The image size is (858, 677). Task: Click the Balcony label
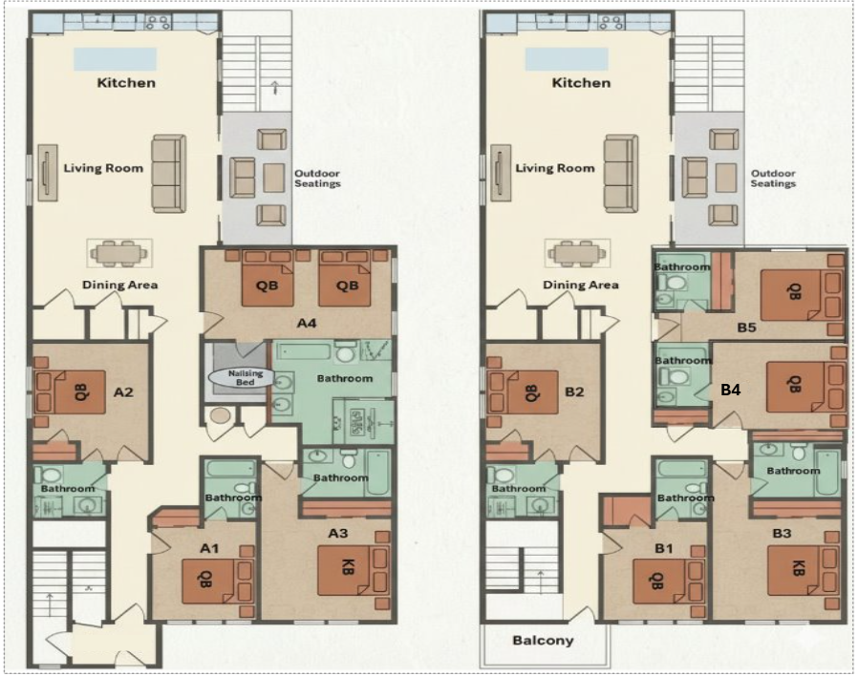click(543, 641)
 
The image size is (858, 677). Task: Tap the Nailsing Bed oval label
click(246, 377)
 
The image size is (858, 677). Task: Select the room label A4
click(307, 323)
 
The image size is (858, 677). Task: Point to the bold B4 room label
click(731, 390)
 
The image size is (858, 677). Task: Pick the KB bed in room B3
click(797, 570)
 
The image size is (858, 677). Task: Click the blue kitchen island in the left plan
click(116, 59)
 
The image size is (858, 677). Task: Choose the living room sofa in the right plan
click(621, 174)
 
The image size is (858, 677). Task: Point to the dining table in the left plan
click(119, 253)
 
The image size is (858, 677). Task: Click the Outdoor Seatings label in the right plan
click(773, 179)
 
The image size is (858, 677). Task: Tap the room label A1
click(209, 548)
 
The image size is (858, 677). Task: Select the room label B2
click(574, 392)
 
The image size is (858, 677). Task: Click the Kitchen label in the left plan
click(126, 83)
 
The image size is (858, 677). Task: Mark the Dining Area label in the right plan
click(581, 285)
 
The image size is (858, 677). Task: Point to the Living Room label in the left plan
click(103, 168)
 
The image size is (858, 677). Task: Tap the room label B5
click(746, 328)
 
